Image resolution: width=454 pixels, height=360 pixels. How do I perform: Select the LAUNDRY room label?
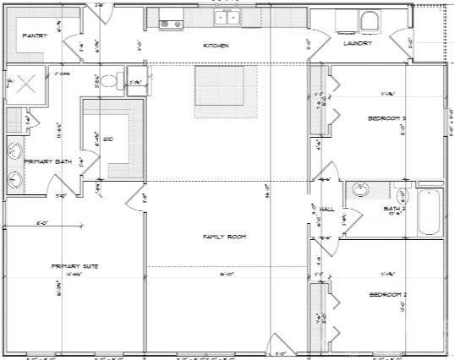tap(358, 43)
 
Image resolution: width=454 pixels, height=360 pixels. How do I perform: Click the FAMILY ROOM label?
tap(224, 237)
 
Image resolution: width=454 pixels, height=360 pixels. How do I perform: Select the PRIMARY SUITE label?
tap(74, 266)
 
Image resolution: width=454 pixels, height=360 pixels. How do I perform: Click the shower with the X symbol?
tap(23, 85)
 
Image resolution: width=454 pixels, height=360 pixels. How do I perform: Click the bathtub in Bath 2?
tap(430, 212)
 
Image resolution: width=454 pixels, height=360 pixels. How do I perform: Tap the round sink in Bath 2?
tap(358, 189)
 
